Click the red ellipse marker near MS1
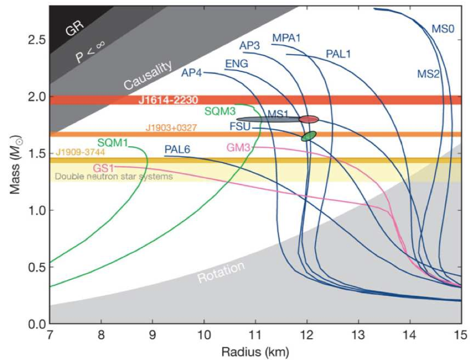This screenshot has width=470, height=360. click(309, 119)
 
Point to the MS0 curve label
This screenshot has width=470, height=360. click(442, 29)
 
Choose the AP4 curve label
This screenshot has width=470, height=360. click(191, 73)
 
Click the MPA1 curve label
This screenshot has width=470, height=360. click(286, 38)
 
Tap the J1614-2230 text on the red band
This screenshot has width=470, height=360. click(168, 100)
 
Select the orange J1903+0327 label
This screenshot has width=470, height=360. click(171, 128)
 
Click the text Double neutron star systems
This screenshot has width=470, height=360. click(114, 176)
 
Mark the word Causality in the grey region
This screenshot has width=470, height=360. click(148, 76)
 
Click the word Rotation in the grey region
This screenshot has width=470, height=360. click(222, 272)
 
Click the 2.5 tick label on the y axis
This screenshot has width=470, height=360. click(36, 39)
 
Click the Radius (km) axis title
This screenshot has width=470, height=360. click(255, 352)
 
